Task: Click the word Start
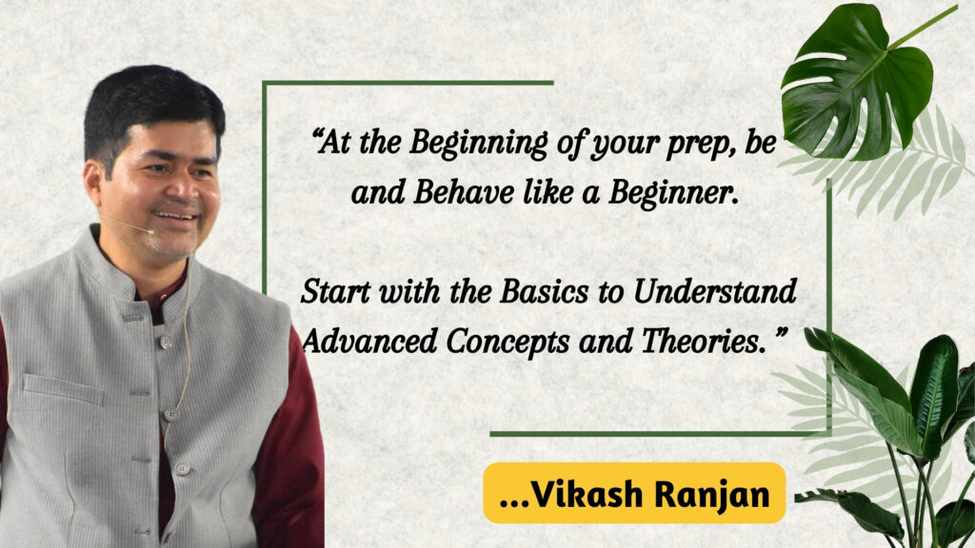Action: click(x=336, y=291)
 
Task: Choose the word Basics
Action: click(x=544, y=291)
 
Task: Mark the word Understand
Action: click(x=715, y=291)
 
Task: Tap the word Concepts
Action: click(x=507, y=342)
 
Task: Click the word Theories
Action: click(x=703, y=342)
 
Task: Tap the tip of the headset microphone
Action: click(x=151, y=232)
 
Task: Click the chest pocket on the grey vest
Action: click(x=64, y=388)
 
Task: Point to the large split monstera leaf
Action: click(x=857, y=81)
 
